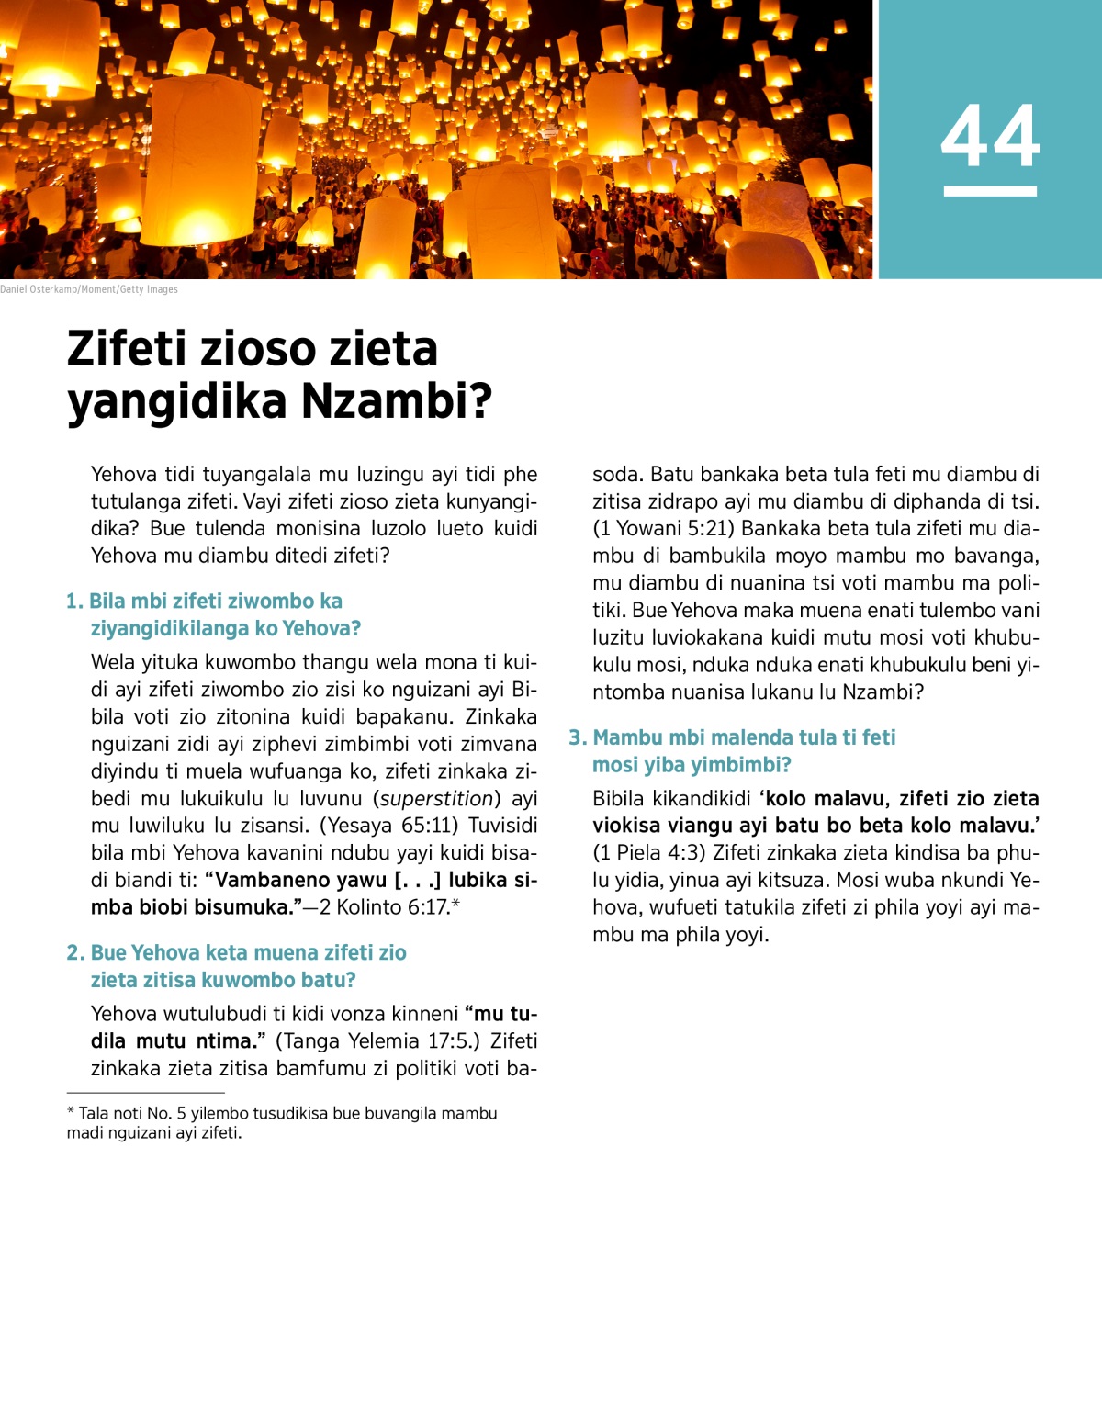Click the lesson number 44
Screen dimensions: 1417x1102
990,136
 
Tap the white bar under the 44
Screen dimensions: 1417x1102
990,191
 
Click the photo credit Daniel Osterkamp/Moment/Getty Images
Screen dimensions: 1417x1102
89,289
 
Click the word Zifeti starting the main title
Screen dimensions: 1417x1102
128,349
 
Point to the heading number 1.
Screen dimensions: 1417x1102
74,602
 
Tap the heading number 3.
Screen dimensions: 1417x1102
577,738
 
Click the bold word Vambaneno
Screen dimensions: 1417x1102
275,881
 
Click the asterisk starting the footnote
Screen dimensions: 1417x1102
71,1112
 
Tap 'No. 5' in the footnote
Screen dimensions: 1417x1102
166,1114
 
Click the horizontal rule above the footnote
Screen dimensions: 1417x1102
145,1093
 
